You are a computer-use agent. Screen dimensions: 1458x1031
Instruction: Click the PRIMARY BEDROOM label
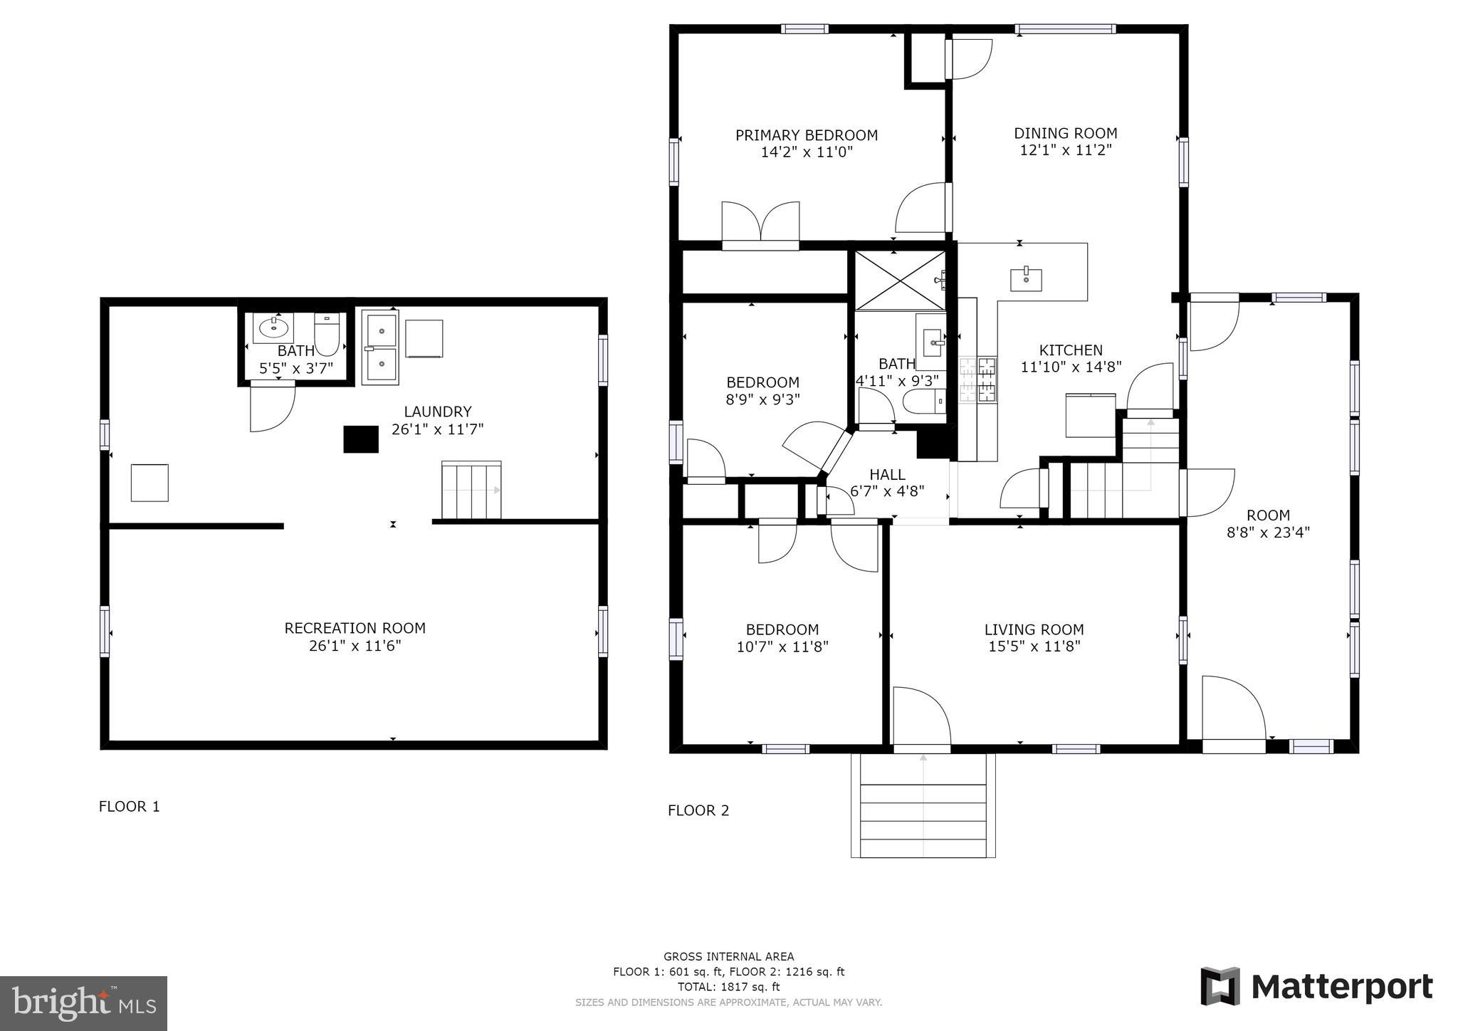806,135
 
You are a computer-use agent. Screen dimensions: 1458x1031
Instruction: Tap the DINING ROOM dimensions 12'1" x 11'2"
1066,150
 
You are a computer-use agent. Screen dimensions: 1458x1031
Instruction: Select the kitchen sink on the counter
1026,280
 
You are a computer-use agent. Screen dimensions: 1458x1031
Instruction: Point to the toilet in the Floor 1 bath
327,334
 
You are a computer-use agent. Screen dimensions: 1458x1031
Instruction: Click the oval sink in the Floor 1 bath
273,328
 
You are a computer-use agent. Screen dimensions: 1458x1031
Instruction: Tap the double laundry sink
379,347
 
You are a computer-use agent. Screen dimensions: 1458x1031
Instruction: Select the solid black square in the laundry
361,439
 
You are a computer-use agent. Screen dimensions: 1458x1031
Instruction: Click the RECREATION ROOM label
355,628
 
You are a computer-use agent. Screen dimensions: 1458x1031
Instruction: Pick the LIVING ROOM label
1034,629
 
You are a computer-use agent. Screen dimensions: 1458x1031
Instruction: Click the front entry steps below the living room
923,805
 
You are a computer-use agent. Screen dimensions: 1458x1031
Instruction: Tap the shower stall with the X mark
901,280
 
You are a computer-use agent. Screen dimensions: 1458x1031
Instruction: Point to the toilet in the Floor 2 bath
924,402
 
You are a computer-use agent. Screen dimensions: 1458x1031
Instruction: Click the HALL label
887,475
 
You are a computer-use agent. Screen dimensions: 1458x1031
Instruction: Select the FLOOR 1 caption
130,807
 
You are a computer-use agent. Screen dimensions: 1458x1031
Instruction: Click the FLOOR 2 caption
698,810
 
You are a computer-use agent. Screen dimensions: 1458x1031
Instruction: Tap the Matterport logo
1316,987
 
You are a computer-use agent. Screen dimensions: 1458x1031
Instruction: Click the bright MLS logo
84,1004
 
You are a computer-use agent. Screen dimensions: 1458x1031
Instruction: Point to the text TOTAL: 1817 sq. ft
729,987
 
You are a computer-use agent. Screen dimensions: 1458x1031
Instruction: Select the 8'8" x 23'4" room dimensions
1268,533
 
